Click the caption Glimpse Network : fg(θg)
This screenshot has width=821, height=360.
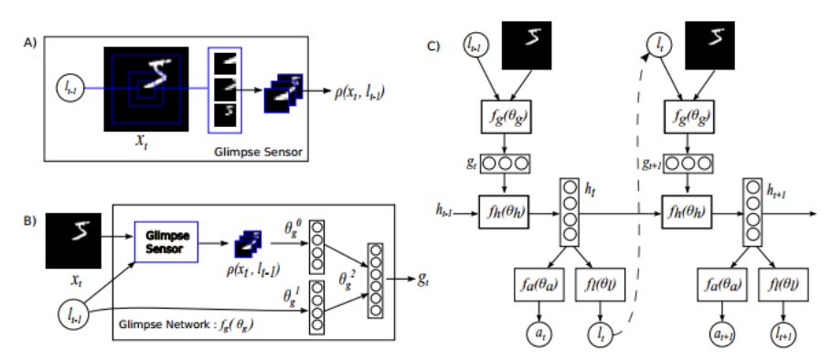point(187,325)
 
